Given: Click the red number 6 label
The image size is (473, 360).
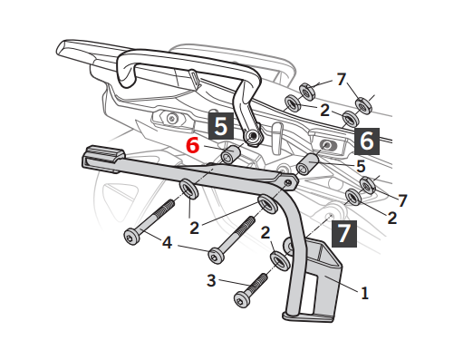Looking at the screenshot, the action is click(x=193, y=145).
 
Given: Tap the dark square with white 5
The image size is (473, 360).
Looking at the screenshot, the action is click(x=221, y=126).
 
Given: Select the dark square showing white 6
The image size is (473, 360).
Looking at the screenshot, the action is click(x=367, y=141).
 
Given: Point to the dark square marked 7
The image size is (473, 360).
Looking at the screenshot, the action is click(x=344, y=234).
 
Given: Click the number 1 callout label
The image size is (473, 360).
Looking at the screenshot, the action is click(x=365, y=293).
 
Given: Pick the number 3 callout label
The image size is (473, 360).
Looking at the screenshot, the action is click(x=211, y=280).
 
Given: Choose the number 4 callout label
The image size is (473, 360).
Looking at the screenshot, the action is click(x=167, y=242).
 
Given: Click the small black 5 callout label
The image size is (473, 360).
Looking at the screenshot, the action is click(x=361, y=166).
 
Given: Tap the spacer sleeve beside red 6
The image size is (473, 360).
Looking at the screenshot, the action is click(x=230, y=154).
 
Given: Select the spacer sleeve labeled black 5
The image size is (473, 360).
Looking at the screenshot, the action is click(x=307, y=164).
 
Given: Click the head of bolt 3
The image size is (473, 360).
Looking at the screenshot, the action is click(x=242, y=299).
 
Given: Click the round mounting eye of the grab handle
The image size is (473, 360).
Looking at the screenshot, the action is click(x=253, y=137).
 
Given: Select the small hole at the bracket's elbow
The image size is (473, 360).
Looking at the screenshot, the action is click(x=288, y=182).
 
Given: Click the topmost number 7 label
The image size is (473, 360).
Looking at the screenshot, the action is click(x=342, y=79).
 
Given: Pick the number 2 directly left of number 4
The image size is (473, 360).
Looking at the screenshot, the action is click(x=195, y=228).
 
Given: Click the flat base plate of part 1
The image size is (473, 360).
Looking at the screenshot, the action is click(x=308, y=316).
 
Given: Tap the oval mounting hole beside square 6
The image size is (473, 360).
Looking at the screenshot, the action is click(x=328, y=145).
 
